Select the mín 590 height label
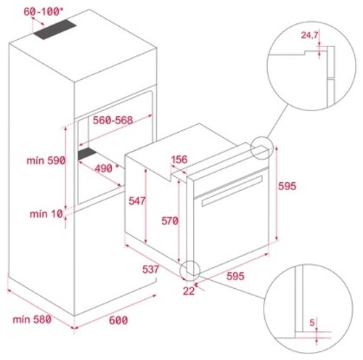pyautogui.click(x=47, y=160)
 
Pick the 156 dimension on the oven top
pyautogui.click(x=181, y=160)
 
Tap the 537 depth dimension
pyautogui.click(x=152, y=270)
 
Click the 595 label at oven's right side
pyautogui.click(x=289, y=186)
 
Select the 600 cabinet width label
pyautogui.click(x=118, y=320)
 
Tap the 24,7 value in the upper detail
pyautogui.click(x=310, y=34)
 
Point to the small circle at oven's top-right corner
pyautogui.click(x=262, y=147)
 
